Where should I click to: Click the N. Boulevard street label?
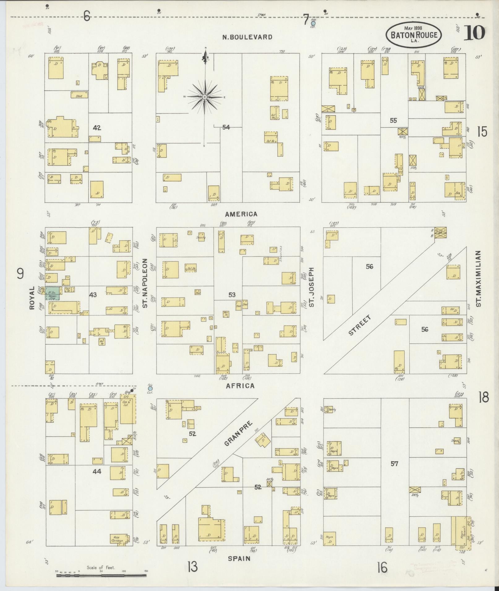coord(247,37)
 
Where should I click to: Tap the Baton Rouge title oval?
coord(414,35)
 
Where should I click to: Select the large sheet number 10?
coord(474,33)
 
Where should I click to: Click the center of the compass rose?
coord(204,97)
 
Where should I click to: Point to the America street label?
coord(241,214)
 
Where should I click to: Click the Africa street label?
coord(240,386)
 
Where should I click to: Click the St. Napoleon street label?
coord(145,283)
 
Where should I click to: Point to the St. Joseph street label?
coord(312,287)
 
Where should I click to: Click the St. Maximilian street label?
coord(479,279)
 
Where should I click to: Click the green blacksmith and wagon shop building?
coord(53,293)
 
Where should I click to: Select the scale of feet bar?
coord(101,575)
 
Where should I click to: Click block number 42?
coord(97,128)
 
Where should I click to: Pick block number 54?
coord(226,127)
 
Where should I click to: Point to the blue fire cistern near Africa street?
coord(150,388)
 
